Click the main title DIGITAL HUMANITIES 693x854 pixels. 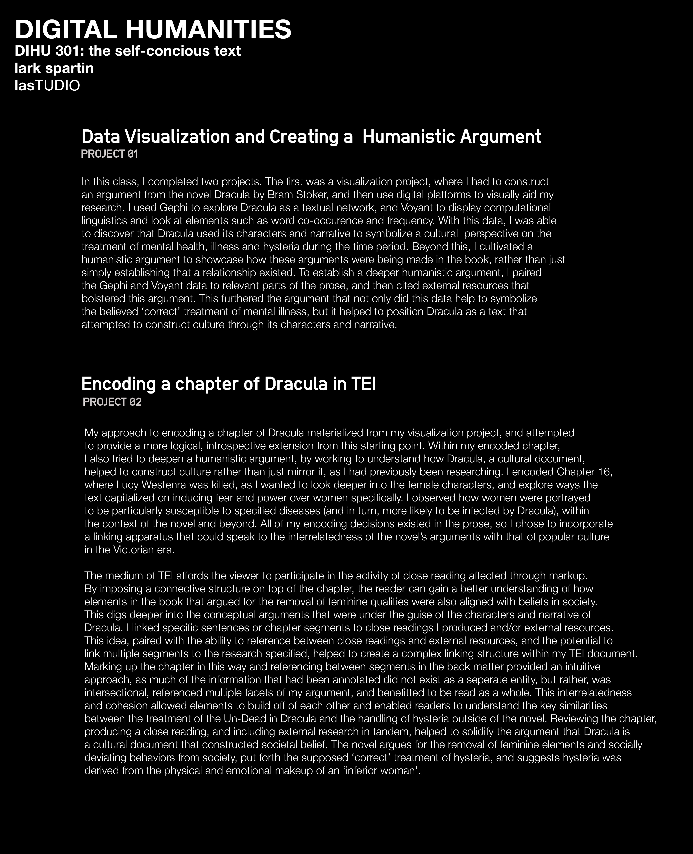click(x=153, y=30)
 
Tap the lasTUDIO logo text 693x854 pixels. click(x=47, y=85)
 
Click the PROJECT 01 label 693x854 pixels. click(x=109, y=154)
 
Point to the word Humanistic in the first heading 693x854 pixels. click(x=408, y=137)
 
